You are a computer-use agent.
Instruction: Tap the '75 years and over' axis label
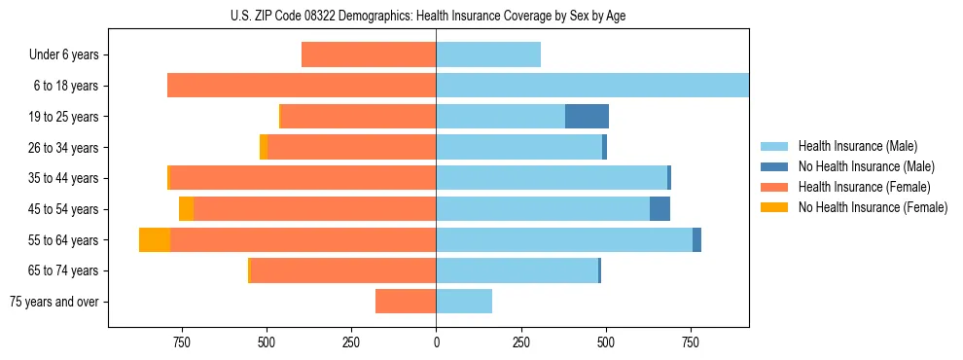(x=54, y=302)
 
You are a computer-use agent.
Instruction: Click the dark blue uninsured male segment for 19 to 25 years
(x=587, y=117)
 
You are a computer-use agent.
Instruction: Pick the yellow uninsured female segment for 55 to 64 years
(x=155, y=239)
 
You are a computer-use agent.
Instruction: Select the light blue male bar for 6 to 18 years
(x=591, y=86)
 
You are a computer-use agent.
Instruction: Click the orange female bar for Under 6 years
(x=369, y=55)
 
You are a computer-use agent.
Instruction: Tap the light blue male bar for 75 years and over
(x=464, y=302)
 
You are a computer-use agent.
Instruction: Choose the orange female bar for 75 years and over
(x=406, y=302)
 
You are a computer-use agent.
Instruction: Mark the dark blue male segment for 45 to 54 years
(x=660, y=209)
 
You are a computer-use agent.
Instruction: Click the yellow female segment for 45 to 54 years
(x=186, y=209)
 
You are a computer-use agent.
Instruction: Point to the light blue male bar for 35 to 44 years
(x=552, y=178)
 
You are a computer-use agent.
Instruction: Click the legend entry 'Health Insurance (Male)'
(x=857, y=146)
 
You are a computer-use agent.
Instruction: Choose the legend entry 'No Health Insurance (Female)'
(x=872, y=207)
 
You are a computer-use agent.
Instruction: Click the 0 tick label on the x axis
(x=436, y=342)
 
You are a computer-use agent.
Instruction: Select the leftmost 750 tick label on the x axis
(x=181, y=342)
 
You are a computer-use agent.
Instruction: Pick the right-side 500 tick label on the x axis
(x=606, y=342)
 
